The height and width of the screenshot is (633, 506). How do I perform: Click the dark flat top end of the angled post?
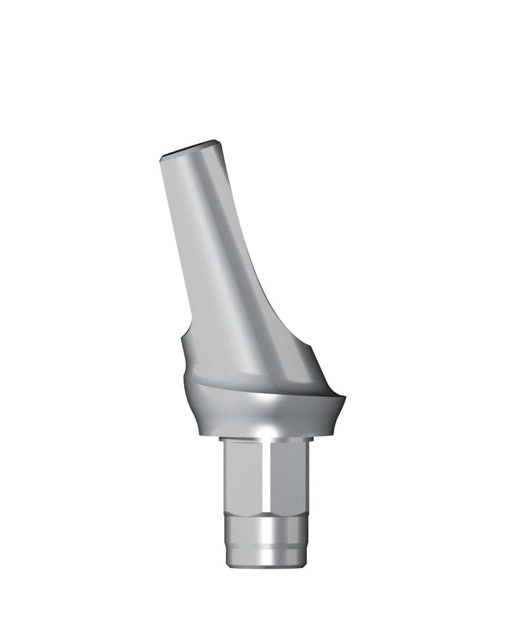tap(189, 148)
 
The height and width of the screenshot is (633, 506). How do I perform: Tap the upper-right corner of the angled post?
tap(217, 142)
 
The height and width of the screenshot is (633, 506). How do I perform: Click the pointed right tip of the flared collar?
tap(345, 398)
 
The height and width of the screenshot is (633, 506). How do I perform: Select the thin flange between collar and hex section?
tap(264, 440)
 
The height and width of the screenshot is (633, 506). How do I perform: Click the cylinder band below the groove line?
tap(264, 555)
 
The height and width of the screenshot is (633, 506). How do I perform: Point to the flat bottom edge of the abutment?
tap(264, 566)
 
